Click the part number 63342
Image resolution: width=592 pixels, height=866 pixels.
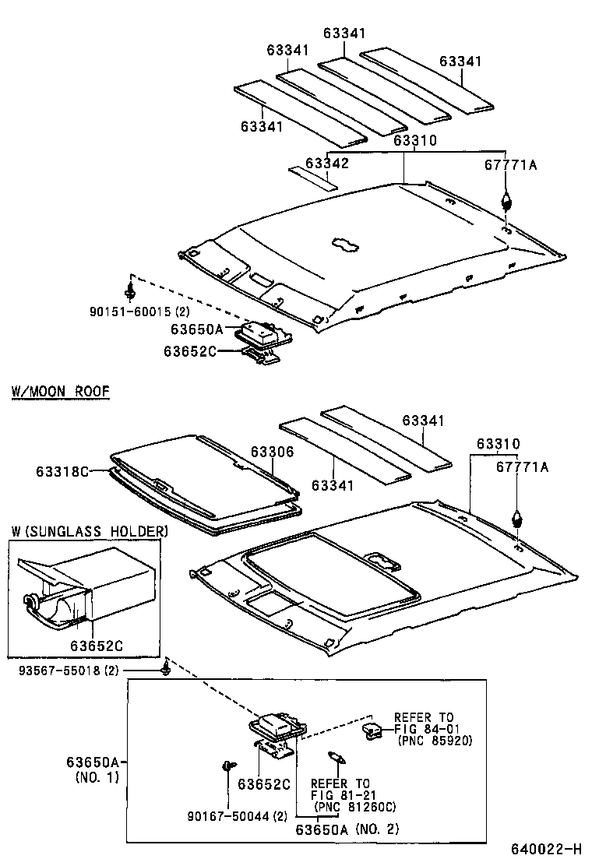[326, 163]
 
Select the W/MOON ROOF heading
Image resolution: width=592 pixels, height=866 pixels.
[60, 391]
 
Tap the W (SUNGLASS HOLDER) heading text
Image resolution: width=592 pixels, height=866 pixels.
[88, 531]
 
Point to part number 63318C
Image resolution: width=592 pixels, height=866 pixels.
[62, 471]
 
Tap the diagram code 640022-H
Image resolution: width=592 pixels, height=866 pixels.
[546, 848]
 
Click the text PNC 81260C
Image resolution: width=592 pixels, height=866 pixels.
[354, 806]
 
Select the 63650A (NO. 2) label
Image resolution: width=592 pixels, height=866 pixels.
[347, 829]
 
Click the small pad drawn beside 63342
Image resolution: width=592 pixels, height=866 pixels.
[311, 178]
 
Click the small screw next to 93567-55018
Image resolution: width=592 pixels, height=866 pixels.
[166, 670]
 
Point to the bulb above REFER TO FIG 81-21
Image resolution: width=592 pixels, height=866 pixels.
[336, 755]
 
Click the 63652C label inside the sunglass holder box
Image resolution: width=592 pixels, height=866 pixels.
[93, 646]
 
